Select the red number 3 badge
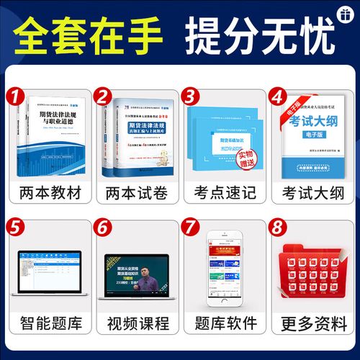pos(191,96)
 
